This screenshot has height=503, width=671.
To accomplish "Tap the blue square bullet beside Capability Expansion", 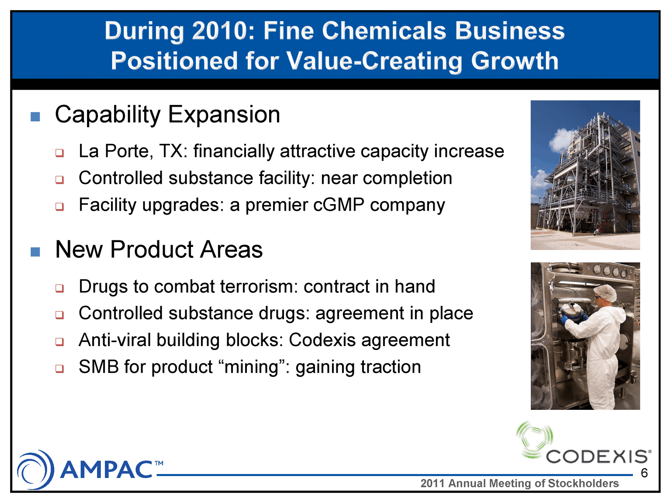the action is point(35,117).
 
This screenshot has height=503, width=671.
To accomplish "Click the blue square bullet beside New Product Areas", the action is point(35,252).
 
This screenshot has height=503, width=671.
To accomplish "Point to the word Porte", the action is point(128,151).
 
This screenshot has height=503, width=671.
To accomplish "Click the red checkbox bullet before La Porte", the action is point(59,153).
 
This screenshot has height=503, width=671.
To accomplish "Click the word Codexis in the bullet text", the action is point(322,340).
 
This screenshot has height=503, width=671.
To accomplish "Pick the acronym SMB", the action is point(98,367).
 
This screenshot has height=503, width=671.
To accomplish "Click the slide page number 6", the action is point(644,473).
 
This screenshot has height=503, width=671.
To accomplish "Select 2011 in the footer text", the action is point(433,483).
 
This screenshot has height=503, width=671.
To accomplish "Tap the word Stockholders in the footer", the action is point(583,483).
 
